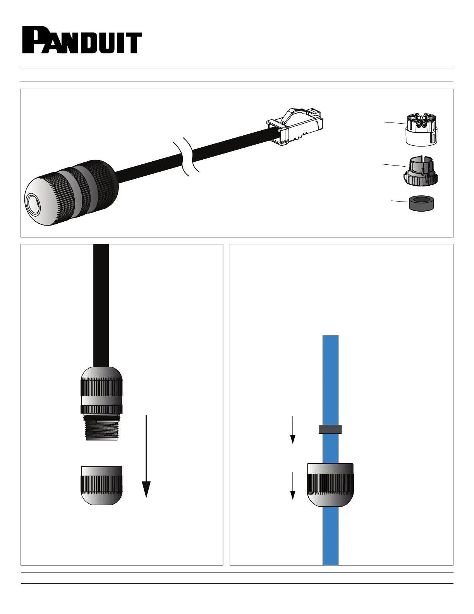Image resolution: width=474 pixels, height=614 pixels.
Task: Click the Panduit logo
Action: tap(81, 40)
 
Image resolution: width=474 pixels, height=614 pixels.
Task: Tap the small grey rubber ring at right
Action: tap(422, 203)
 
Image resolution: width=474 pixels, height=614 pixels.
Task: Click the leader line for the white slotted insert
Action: tap(395, 122)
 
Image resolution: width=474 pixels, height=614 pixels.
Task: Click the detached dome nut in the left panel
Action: tap(101, 485)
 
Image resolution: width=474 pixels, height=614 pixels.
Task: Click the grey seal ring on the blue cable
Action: tap(330, 429)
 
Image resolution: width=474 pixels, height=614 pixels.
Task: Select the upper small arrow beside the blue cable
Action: tap(293, 429)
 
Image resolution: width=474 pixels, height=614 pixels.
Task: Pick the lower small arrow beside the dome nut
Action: tap(293, 485)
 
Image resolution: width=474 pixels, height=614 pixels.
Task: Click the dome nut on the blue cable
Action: tap(330, 485)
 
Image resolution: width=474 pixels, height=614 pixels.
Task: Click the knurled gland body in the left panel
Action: tap(101, 390)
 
